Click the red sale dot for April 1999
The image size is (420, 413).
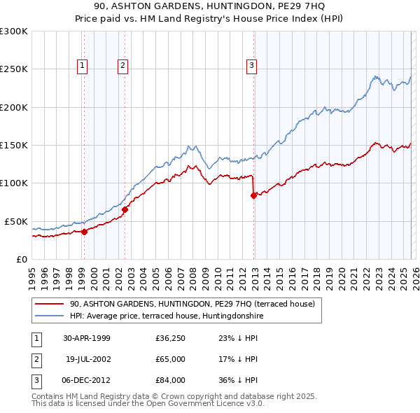coord(84,232)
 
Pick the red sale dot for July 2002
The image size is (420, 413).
coord(125,209)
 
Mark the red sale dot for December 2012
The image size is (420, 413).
coord(253,195)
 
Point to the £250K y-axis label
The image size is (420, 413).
coord(13,69)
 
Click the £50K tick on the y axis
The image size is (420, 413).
coord(16,221)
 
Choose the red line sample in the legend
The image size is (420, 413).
coord(50,304)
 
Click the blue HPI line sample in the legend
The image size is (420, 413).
coord(50,316)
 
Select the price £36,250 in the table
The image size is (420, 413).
coord(170,337)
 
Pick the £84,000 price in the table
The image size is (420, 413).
coord(170,381)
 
